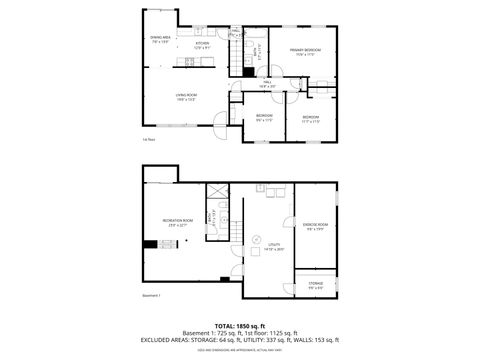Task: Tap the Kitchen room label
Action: coord(201,44)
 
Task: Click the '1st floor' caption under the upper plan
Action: coord(148,139)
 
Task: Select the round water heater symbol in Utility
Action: coord(258,189)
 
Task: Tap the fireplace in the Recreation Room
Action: coord(149,243)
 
